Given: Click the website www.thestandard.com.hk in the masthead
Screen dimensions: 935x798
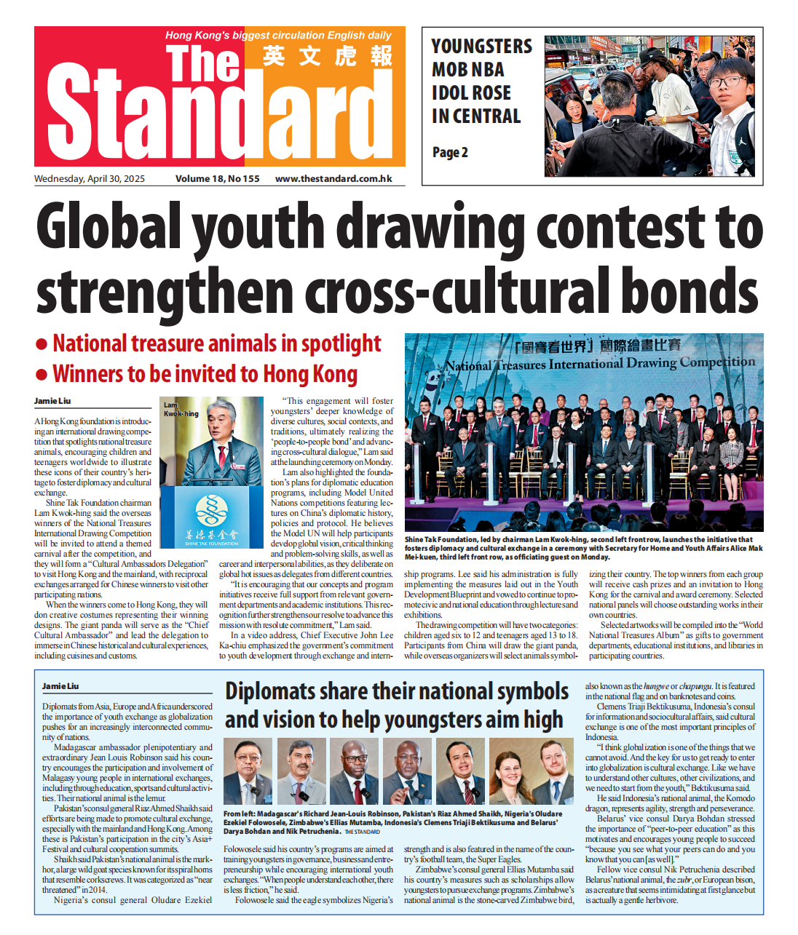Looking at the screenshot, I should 333,179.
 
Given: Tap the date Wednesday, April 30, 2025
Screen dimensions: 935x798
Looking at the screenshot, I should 90,179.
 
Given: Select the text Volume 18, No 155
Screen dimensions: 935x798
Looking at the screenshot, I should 217,179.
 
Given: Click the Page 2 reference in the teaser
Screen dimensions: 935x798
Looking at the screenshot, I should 450,153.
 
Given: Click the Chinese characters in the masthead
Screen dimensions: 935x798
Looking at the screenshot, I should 328,56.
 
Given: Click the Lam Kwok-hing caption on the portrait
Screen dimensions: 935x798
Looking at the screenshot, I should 180,409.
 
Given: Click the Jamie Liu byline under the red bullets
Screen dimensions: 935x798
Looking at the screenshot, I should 52,401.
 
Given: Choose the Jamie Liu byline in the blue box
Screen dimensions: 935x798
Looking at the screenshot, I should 60,686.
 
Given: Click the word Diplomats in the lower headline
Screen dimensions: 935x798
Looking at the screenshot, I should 267,692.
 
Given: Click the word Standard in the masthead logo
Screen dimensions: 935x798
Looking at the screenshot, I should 211,113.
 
